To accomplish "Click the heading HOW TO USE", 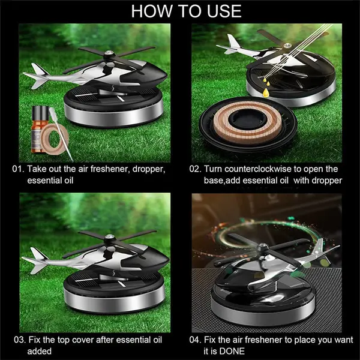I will [180, 10].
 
